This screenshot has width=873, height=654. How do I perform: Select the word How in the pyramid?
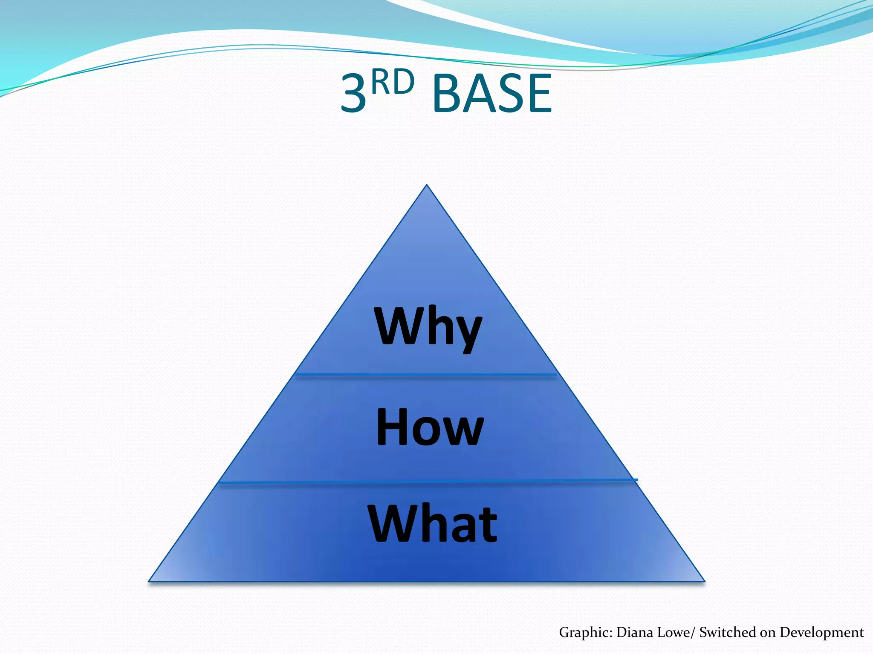(x=430, y=427)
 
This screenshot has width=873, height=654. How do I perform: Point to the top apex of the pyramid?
(x=427, y=186)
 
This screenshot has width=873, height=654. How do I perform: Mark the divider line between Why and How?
(x=426, y=375)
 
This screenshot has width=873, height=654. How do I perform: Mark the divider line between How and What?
(x=426, y=482)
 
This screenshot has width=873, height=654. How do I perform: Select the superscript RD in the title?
(x=393, y=83)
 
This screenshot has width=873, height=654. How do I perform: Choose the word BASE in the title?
(x=492, y=94)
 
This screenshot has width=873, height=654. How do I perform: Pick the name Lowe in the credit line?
(x=672, y=632)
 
